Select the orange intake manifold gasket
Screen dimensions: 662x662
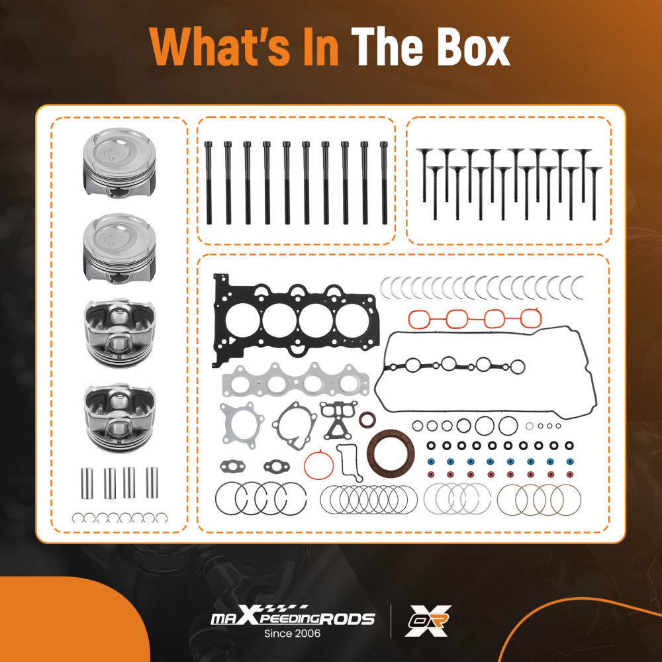[475, 318]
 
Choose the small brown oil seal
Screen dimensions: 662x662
[367, 420]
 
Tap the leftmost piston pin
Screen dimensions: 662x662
[86, 483]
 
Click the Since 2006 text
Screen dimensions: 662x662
[293, 634]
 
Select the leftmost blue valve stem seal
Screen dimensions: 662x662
[430, 461]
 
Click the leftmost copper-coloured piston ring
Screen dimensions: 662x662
[513, 499]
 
